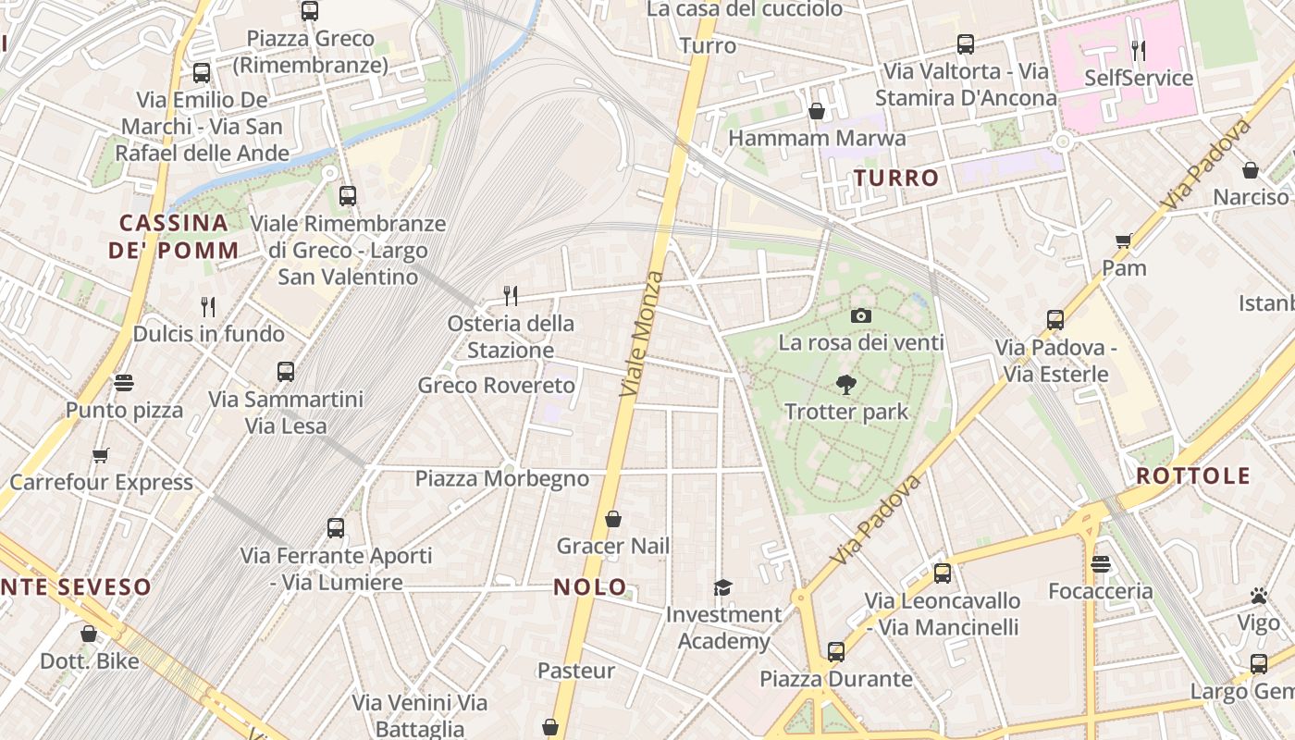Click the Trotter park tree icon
(x=845, y=385)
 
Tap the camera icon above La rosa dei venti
(x=861, y=316)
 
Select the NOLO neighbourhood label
(x=590, y=586)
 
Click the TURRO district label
(x=896, y=178)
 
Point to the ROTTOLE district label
(x=1193, y=476)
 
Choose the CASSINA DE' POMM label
(x=174, y=236)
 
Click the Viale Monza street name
(x=642, y=335)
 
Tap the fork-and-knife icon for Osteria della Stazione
(x=510, y=296)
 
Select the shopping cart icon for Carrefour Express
(x=101, y=455)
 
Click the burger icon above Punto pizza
(x=124, y=383)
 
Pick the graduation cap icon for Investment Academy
(x=722, y=587)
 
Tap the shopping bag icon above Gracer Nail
(x=612, y=520)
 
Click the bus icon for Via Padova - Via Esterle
(x=1055, y=320)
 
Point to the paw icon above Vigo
(x=1259, y=596)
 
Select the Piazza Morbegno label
(x=501, y=478)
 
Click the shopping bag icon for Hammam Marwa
(x=817, y=111)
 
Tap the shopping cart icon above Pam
(x=1124, y=241)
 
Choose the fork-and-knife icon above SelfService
(x=1139, y=50)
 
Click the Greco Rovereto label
(x=496, y=385)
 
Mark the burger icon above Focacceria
(x=1100, y=564)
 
